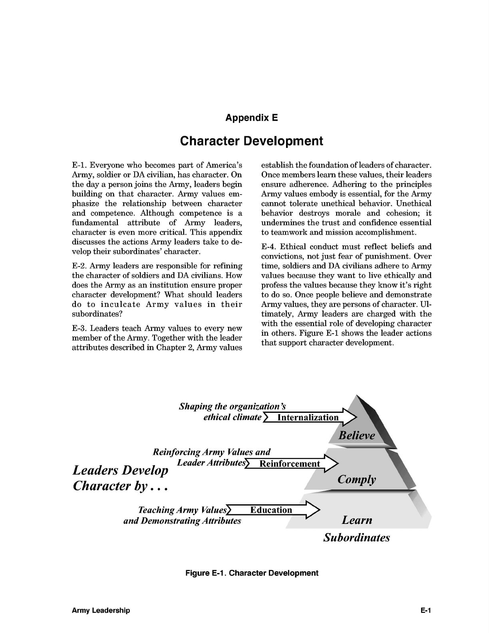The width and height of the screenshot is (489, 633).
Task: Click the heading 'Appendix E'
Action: (251, 118)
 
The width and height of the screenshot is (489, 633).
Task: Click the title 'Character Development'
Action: (251, 141)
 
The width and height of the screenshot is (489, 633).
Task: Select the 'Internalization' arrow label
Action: (308, 418)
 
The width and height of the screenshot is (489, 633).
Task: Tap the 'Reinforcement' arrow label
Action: (290, 464)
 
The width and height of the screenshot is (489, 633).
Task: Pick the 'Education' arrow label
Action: (271, 510)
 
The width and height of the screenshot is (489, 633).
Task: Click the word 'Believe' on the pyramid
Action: (357, 435)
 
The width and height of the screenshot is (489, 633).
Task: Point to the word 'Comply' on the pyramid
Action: (356, 479)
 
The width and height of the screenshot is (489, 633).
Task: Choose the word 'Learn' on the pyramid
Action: (357, 520)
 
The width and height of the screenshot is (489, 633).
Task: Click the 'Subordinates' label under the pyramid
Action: (356, 537)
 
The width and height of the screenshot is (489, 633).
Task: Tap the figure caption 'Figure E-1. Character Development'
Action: (252, 573)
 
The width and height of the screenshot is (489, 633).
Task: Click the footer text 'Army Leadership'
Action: (101, 610)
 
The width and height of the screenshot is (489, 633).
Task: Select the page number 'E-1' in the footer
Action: (426, 610)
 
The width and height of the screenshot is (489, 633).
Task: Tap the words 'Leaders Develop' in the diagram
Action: (120, 470)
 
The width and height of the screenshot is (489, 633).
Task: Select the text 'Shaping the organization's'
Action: (232, 406)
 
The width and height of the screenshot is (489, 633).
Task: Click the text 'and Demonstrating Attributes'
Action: (182, 521)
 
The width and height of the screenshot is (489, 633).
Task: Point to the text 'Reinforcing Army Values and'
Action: (211, 452)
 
